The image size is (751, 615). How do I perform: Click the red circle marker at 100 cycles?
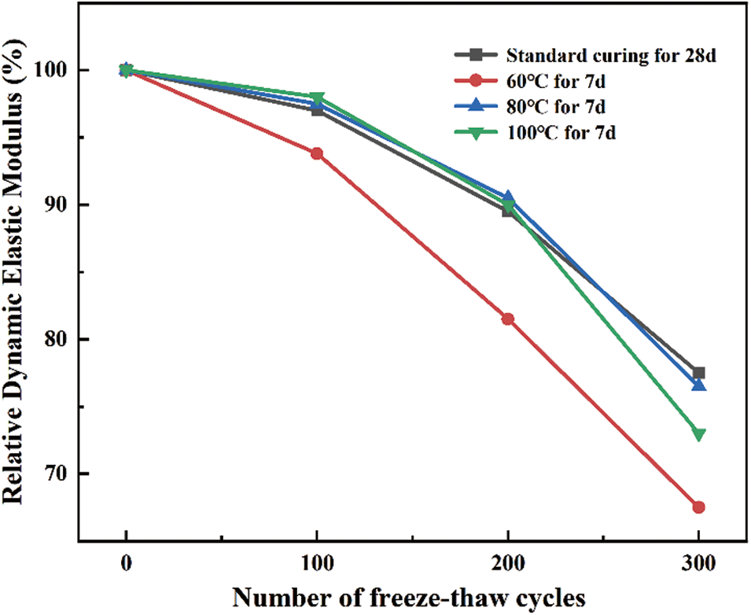pyautogui.click(x=317, y=153)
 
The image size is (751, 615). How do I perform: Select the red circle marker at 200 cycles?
pyautogui.click(x=508, y=319)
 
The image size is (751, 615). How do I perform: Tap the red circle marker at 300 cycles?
pyautogui.click(x=698, y=506)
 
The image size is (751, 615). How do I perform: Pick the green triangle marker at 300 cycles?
pyautogui.click(x=698, y=434)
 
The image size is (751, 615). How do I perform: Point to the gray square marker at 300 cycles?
pyautogui.click(x=698, y=372)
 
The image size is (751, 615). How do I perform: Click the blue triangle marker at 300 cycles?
pyautogui.click(x=698, y=385)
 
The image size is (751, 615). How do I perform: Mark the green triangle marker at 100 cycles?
pyautogui.click(x=317, y=98)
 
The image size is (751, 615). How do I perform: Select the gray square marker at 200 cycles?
pyautogui.click(x=507, y=211)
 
